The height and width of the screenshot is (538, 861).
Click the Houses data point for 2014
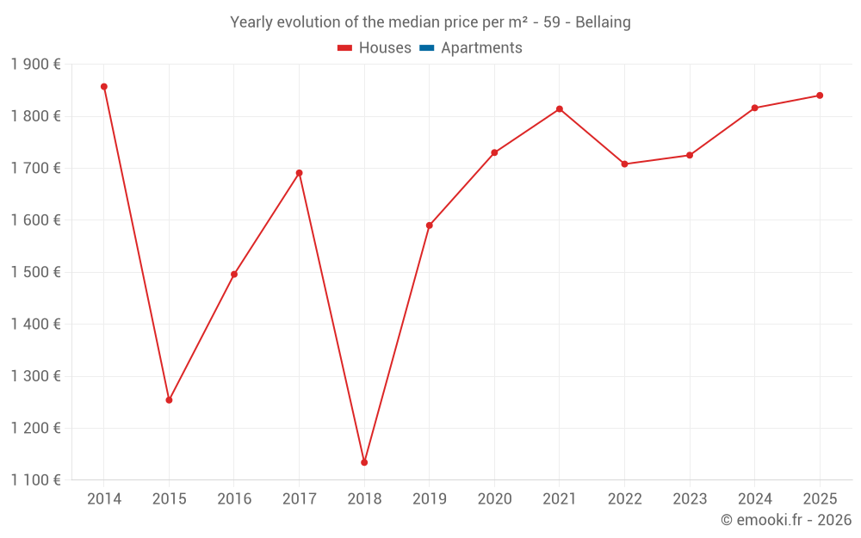[104, 87]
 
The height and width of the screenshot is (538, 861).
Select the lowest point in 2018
[364, 462]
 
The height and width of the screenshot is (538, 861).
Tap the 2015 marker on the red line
[169, 400]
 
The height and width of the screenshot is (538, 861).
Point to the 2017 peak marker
[300, 173]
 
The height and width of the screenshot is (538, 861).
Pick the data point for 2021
[560, 109]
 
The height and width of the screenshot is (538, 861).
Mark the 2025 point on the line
[820, 96]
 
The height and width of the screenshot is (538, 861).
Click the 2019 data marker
[430, 226]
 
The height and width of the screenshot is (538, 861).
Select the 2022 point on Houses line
[624, 164]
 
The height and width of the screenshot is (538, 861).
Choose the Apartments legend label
[481, 48]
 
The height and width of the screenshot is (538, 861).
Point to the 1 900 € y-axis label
[35, 65]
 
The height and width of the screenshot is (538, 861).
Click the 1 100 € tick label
[35, 480]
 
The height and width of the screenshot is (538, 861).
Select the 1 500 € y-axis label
[35, 272]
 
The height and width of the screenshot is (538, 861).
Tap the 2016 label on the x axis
[234, 499]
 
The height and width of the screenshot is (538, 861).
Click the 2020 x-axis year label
[494, 499]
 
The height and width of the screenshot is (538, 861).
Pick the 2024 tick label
[754, 499]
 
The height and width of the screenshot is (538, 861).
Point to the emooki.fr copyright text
[785, 520]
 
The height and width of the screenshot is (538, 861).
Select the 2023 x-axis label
[690, 499]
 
